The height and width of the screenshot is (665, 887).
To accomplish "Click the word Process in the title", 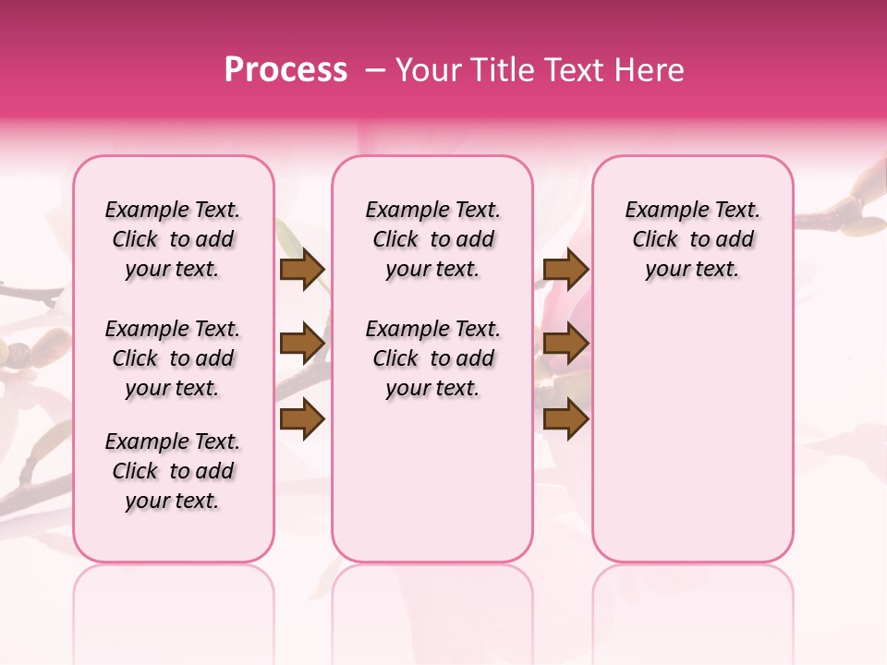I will (x=286, y=70).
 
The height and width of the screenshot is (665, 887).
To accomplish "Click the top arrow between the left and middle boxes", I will (x=302, y=270).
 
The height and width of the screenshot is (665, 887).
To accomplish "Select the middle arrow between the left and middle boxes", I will (x=302, y=345).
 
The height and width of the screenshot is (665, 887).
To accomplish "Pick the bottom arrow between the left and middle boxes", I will (x=302, y=418).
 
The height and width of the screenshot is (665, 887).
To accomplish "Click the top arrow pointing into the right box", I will (x=565, y=270).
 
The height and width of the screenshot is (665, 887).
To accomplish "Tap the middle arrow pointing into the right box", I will (x=565, y=345).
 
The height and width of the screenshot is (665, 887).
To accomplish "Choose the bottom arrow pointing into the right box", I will (x=565, y=418).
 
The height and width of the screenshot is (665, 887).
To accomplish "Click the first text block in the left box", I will (x=173, y=239).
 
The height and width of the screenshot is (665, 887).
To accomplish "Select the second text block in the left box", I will (x=173, y=358).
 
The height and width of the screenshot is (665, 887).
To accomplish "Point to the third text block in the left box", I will (x=173, y=471).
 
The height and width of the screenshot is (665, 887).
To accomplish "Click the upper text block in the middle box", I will (x=432, y=239).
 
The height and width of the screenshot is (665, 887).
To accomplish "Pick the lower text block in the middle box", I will (x=432, y=358).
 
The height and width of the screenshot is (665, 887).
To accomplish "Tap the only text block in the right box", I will (x=692, y=239).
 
